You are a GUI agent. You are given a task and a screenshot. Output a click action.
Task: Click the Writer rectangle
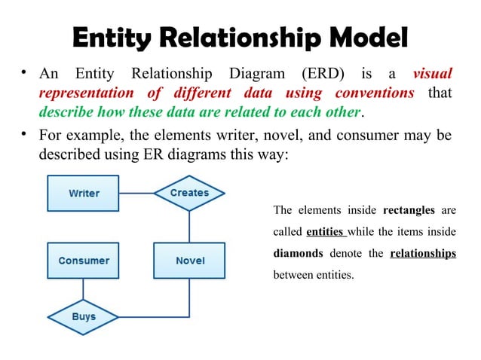[84, 194]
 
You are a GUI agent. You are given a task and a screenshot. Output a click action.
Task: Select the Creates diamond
[189, 193]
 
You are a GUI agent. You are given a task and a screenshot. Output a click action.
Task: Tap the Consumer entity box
[84, 261]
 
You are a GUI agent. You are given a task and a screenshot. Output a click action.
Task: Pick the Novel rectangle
[189, 261]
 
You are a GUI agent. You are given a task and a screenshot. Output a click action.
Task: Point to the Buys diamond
[84, 316]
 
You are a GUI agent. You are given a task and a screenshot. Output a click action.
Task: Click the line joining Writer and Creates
[136, 194]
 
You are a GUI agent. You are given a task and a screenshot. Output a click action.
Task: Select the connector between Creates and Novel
[189, 226]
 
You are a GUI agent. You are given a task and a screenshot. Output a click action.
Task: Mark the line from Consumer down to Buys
[84, 290]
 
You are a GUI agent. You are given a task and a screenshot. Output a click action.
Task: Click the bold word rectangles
[409, 209]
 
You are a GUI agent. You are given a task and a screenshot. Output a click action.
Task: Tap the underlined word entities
[326, 231]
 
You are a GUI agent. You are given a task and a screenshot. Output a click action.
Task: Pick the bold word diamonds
[298, 253]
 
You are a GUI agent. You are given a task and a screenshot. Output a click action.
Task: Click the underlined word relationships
[423, 253]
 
